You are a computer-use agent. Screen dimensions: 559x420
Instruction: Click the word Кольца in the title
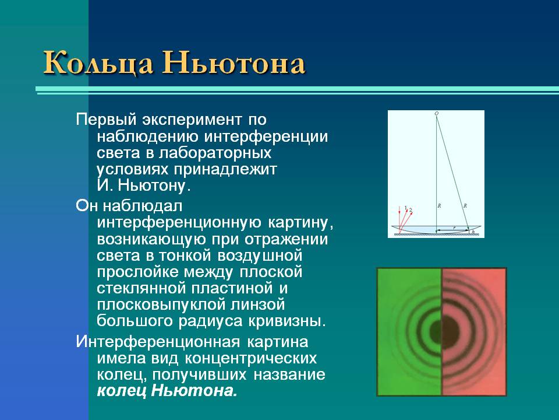coord(98,63)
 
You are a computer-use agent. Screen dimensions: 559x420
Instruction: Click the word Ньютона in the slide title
coord(233,62)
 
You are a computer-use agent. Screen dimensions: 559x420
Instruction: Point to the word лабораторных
coord(215,153)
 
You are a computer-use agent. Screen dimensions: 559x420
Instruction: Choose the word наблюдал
coord(142,206)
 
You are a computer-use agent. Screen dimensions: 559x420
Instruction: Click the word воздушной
coord(260,256)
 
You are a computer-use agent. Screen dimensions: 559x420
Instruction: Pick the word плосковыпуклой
coord(161,304)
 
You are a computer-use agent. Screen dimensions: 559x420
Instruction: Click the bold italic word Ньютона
coord(194,390)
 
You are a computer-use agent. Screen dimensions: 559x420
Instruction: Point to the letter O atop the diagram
coord(436,114)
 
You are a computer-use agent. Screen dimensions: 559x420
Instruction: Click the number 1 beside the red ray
coord(405,208)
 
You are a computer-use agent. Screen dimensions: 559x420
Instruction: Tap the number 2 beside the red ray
coord(411,210)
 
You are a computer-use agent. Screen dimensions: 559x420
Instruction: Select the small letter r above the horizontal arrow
coord(454,227)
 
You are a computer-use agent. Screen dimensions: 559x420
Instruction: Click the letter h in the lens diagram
coord(473,232)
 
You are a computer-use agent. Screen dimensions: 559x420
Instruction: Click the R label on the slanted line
coord(465,206)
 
